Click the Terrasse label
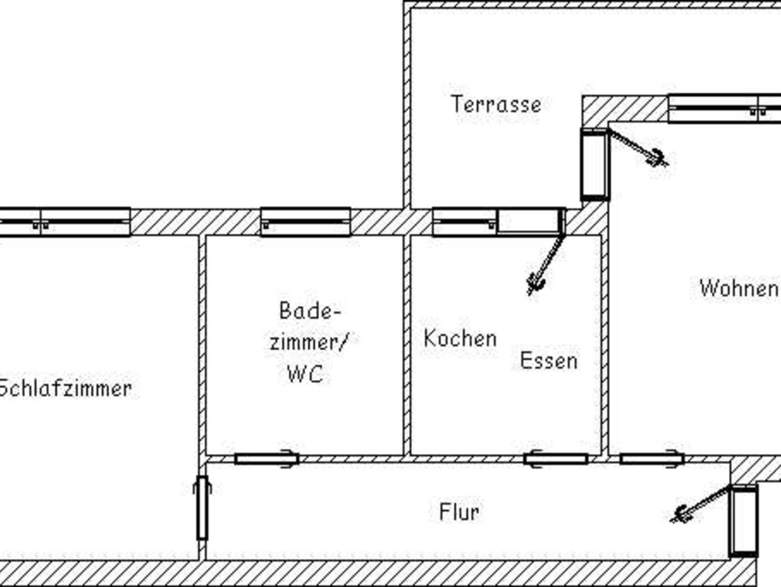tap(496, 104)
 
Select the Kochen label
tap(460, 339)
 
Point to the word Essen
tap(549, 361)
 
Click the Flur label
tap(459, 512)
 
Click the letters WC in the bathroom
tap(305, 374)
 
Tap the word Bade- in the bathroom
tap(309, 311)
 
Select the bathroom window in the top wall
tap(305, 222)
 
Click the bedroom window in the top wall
tap(65, 222)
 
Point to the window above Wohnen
tap(725, 108)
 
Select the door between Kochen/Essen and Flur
tap(556, 459)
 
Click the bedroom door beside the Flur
tap(202, 508)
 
